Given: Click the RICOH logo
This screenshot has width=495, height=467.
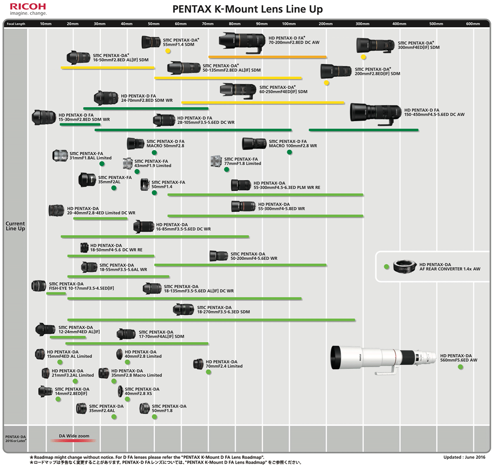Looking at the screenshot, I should [28, 7].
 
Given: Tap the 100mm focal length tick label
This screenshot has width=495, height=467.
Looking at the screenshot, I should [289, 24].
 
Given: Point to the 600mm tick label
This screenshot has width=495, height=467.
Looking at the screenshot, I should [473, 24].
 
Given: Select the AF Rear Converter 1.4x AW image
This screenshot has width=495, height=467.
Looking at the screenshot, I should [405, 267].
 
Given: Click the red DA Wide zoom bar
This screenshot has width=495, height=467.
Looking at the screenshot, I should [73, 441].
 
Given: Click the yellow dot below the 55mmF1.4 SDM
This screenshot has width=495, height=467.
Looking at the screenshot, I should [168, 51].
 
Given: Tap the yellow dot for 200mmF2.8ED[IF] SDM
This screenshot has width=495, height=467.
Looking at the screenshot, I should [326, 83].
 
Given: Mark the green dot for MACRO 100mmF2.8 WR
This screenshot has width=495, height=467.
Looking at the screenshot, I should [290, 152].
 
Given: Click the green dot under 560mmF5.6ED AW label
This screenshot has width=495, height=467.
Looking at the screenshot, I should [460, 367].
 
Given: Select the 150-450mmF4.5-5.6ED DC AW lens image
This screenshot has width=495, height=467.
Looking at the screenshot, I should [375, 114].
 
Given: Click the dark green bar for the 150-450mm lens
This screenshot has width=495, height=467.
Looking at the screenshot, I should [363, 130].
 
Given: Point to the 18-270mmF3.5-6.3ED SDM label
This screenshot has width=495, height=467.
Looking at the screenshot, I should [223, 310].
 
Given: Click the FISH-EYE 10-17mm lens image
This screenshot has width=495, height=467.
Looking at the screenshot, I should [39, 285].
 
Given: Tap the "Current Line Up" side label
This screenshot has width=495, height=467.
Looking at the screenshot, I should [15, 226].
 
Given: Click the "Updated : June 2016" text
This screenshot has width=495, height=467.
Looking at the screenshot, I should [464, 457].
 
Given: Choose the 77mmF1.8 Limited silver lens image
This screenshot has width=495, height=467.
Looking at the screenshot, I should [216, 161].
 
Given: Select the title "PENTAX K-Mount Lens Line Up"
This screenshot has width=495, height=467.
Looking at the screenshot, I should [247, 9].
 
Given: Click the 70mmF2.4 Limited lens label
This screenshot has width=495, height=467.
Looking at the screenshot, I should [224, 364].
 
